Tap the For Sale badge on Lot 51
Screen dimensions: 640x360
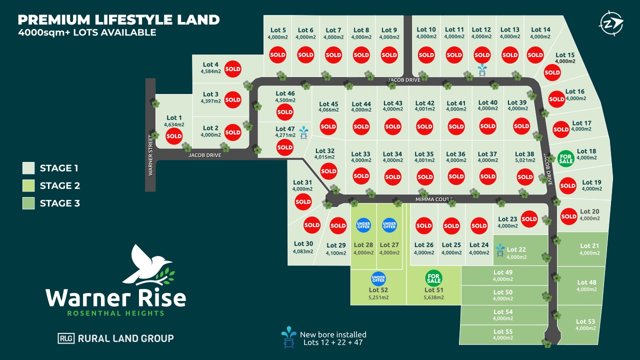(433, 278)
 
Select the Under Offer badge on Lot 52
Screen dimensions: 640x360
(378, 278)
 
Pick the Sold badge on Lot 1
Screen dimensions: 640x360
(174, 135)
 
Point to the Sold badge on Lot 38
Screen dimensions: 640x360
(525, 176)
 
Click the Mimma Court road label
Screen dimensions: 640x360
(433, 199)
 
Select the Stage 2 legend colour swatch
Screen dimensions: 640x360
(28, 185)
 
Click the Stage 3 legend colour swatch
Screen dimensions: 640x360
(28, 203)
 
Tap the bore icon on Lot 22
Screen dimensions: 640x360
(499, 250)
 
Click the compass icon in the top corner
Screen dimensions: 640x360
(611, 23)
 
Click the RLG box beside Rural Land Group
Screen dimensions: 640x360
(66, 338)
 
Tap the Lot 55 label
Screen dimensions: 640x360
(502, 331)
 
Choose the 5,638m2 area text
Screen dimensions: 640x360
(433, 297)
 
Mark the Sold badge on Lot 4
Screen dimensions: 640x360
(232, 69)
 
